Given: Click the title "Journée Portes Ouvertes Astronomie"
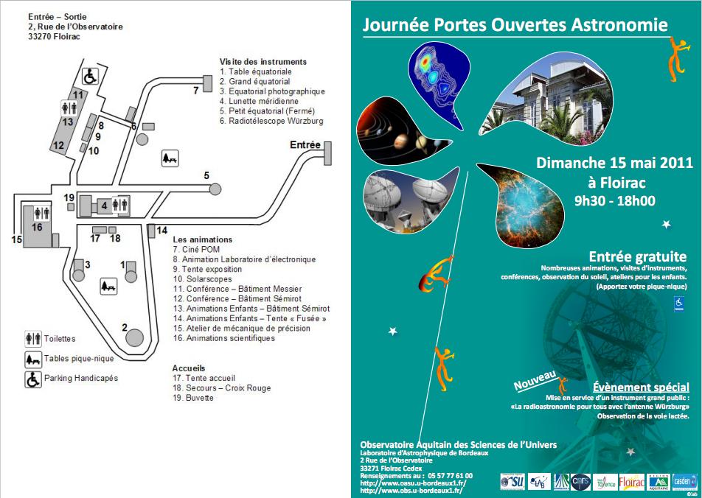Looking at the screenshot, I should pyautogui.click(x=515, y=25).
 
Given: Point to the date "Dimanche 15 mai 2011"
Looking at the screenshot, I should pyautogui.click(x=614, y=163).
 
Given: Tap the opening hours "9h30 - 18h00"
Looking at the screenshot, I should pyautogui.click(x=614, y=200).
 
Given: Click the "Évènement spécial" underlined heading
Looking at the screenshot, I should pyautogui.click(x=641, y=387).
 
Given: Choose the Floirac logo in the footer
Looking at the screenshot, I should pyautogui.click(x=631, y=483).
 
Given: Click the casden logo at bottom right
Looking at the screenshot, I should pyautogui.click(x=684, y=483).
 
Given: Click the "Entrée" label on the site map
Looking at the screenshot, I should pyautogui.click(x=305, y=144).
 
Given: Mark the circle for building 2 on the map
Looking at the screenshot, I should pyautogui.click(x=134, y=337).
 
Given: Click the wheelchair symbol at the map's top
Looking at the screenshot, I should pyautogui.click(x=89, y=75).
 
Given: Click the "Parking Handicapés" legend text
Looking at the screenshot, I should pyautogui.click(x=81, y=378).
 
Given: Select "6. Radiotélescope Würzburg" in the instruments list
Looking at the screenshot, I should pyautogui.click(x=271, y=121).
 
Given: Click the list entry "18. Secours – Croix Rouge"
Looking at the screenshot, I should pyautogui.click(x=222, y=387).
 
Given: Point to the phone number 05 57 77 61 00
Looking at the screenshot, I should pyautogui.click(x=446, y=476).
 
